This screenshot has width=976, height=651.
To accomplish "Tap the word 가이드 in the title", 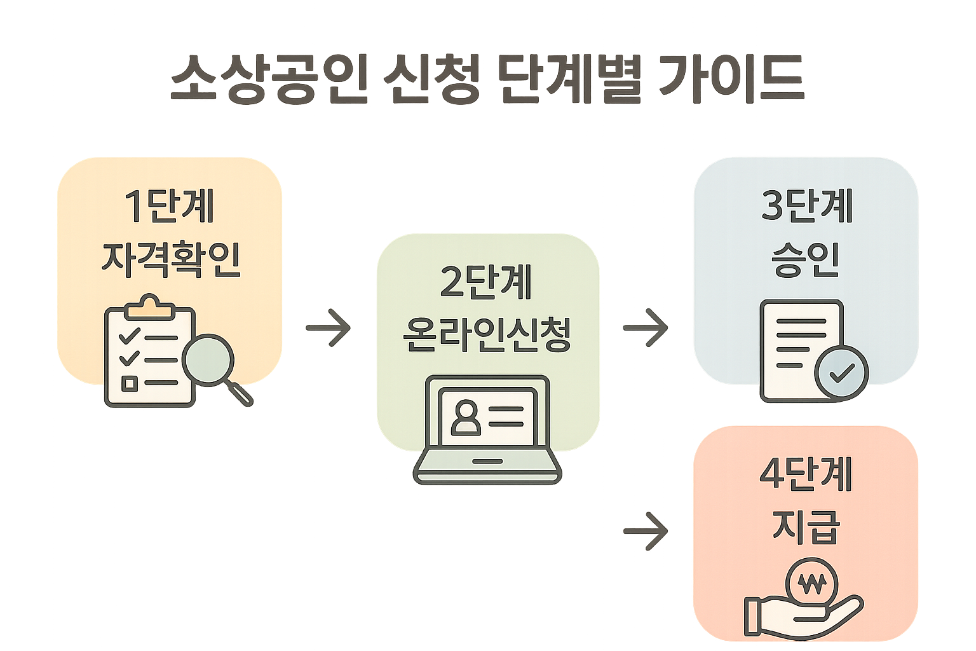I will click(731, 79).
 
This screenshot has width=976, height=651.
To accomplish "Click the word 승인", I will click(806, 259).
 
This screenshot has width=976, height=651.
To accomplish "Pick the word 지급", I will click(806, 526).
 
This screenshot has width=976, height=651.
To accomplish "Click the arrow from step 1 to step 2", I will click(328, 328).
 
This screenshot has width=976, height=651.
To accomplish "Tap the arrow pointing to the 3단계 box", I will click(646, 328).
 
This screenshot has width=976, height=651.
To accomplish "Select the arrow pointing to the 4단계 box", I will click(646, 530).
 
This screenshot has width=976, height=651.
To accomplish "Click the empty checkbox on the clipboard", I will click(129, 383).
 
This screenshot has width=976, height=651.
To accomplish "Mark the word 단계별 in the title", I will click(568, 79).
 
